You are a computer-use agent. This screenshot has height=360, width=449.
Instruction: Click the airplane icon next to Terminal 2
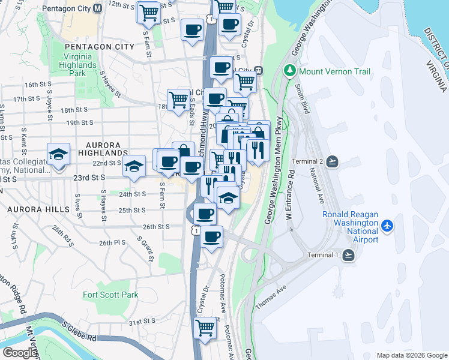click(x=334, y=161)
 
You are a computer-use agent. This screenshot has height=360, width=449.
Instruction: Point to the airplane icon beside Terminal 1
click(x=349, y=255)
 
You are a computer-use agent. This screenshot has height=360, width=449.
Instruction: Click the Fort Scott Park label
click(x=110, y=295)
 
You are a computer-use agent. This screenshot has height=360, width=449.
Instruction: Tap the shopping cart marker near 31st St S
click(x=205, y=328)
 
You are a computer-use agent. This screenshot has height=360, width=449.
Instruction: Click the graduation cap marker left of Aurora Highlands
click(x=58, y=155)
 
